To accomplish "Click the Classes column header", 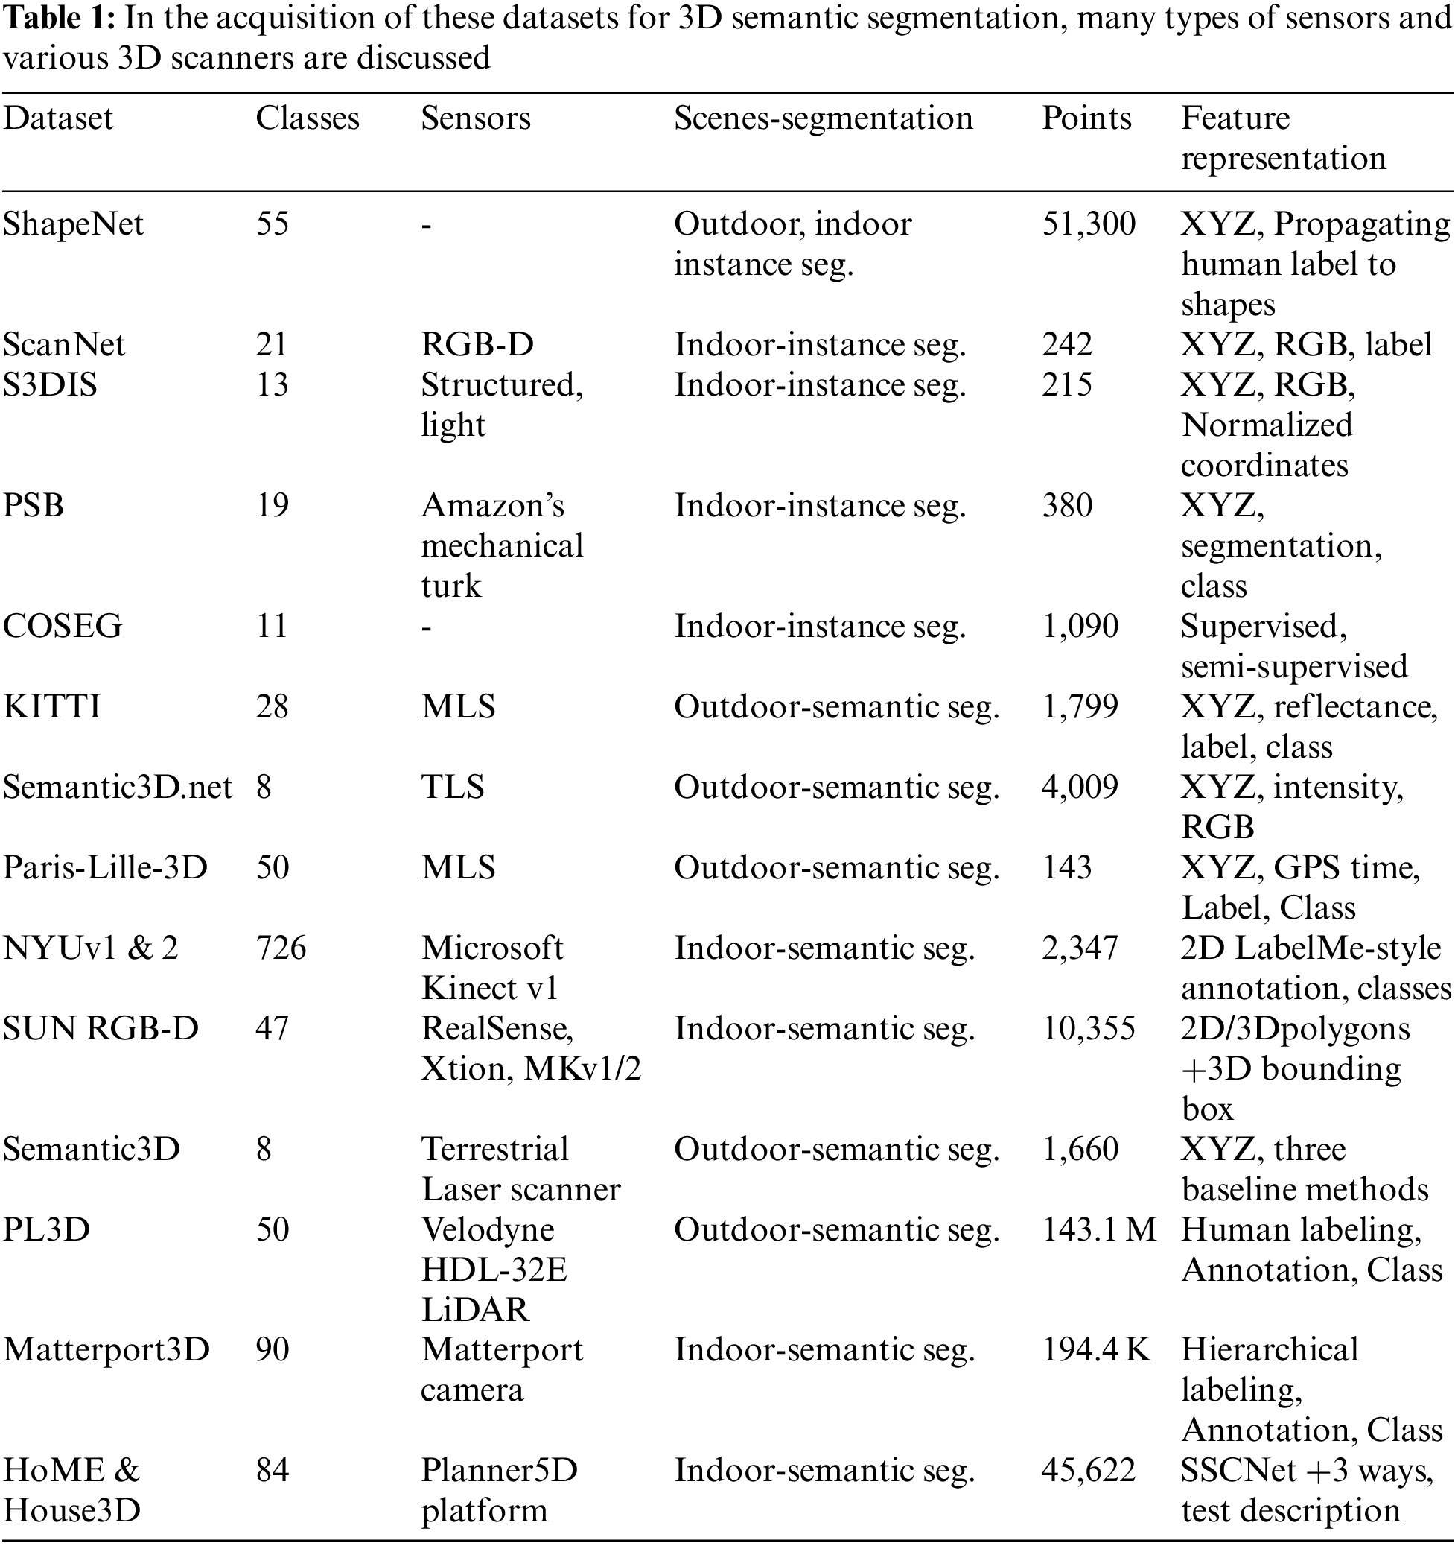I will [307, 118].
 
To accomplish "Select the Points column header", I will [1086, 118].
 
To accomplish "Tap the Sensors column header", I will [475, 118].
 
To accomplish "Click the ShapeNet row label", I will [73, 224].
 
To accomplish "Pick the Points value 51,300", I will [1088, 224].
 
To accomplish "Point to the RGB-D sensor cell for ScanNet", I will [477, 344].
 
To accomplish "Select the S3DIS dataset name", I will [50, 385].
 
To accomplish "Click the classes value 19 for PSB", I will [272, 505].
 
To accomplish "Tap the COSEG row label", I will [63, 626].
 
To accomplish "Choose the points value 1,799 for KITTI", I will [1080, 706].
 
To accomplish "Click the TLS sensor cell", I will [452, 787].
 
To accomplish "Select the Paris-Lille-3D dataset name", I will [105, 867].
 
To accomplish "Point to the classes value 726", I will [281, 948].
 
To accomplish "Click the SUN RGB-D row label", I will [101, 1028].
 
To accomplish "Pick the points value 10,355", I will [1088, 1028].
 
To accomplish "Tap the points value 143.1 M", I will [1098, 1229].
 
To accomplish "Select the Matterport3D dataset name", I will [106, 1350].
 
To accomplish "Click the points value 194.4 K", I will [1096, 1350].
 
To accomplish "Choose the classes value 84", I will [272, 1470].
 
